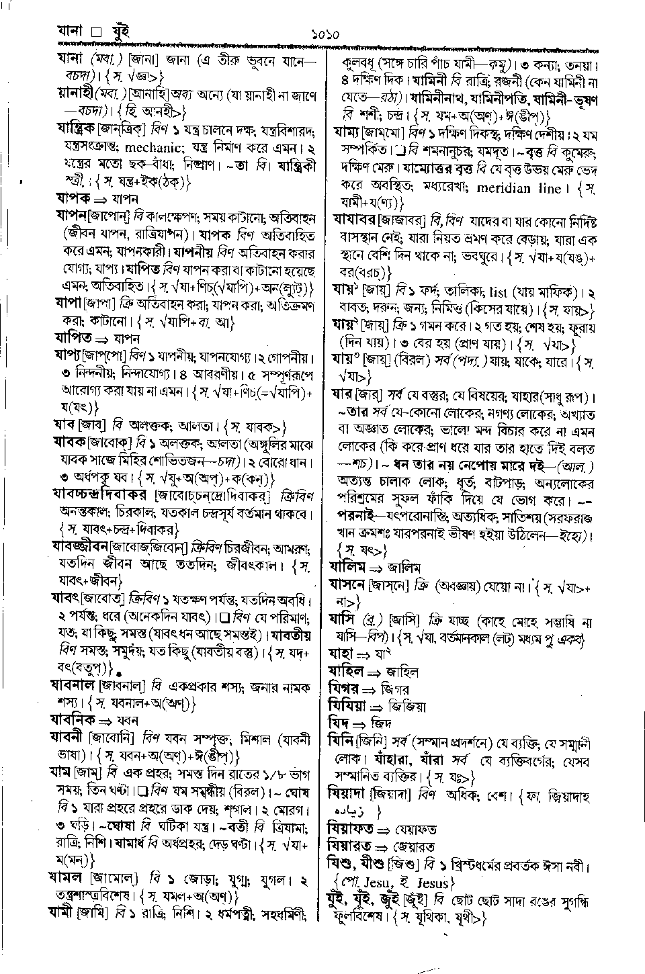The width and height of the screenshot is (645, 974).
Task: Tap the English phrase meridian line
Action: [x=527, y=189]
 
